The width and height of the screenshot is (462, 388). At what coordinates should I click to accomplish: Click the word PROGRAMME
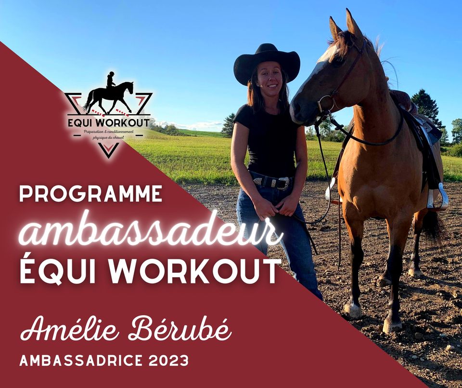coord(91,194)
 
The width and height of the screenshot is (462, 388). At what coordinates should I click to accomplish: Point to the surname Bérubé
coord(180,329)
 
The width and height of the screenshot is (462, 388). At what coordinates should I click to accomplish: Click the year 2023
coord(168,360)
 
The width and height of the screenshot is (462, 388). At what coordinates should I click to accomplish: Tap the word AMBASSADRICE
coord(82,360)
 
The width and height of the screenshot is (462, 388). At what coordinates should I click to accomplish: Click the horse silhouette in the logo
coord(108,93)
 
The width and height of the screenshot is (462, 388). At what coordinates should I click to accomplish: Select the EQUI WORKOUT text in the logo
coord(109,122)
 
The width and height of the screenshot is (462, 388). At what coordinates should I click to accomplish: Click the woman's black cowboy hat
coord(267,64)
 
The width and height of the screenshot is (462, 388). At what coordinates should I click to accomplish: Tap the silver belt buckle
coord(283,183)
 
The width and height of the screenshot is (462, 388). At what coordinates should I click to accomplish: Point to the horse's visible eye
coord(338,60)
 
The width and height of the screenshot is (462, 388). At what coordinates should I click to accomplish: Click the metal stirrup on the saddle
coord(437,197)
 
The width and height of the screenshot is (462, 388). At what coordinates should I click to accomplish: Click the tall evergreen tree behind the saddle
coord(426,107)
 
